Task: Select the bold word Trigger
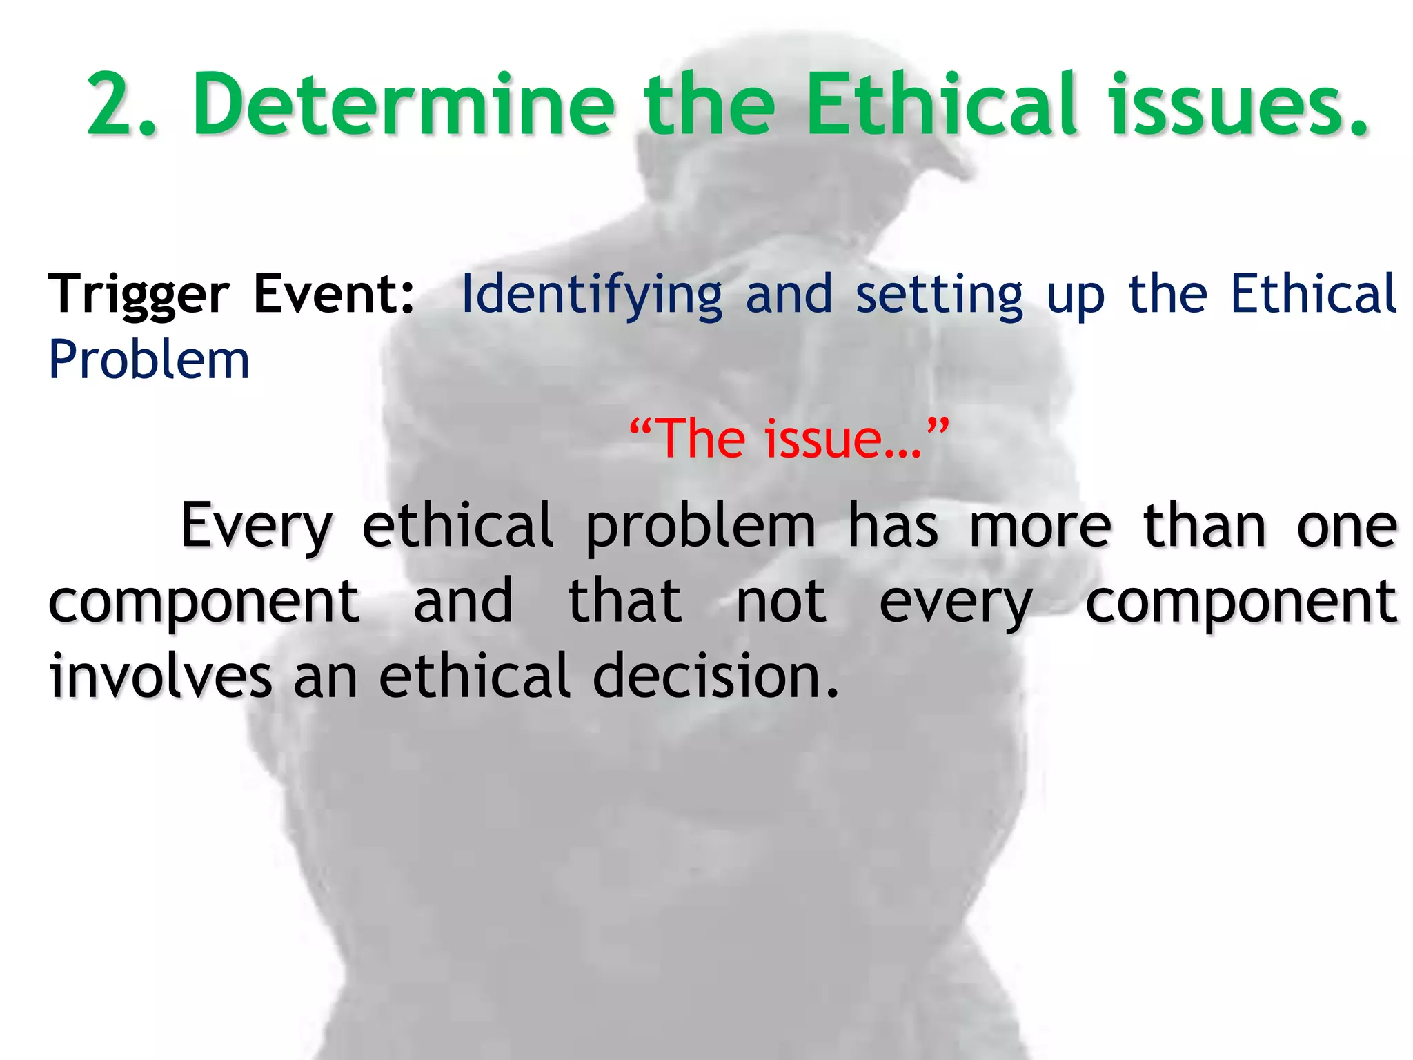pyautogui.click(x=138, y=295)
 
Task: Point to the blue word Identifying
pyautogui.click(x=591, y=295)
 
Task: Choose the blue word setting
pyautogui.click(x=940, y=295)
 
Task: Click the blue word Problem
pyautogui.click(x=149, y=360)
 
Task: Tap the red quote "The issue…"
pyautogui.click(x=789, y=438)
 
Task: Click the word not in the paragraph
pyautogui.click(x=781, y=602)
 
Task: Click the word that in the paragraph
pyautogui.click(x=624, y=602)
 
